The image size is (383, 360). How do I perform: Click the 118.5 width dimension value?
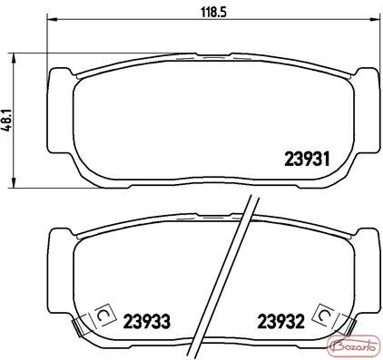tap(214, 13)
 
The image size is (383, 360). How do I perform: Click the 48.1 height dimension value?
tap(8, 120)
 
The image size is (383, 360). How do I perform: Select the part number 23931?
tap(307, 159)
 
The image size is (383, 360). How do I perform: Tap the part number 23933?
tap(147, 322)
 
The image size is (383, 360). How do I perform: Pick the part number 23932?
tap(280, 322)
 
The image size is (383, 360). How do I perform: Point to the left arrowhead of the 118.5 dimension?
tap(52, 20)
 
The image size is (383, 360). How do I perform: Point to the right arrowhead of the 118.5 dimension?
tap(375, 20)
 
